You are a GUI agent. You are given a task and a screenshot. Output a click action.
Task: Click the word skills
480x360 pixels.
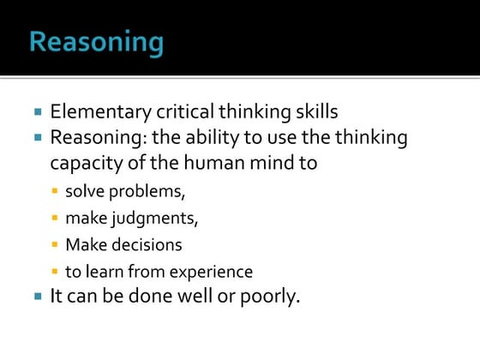(314, 112)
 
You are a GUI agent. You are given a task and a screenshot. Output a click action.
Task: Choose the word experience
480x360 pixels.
(209, 273)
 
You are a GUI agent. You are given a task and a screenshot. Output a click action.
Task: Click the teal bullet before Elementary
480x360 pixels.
(38, 112)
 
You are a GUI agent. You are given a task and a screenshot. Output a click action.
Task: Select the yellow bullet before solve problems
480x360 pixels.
(56, 190)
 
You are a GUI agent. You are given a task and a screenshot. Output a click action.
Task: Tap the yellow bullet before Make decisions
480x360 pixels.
(56, 245)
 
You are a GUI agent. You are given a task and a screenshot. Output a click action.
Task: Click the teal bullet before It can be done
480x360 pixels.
(38, 297)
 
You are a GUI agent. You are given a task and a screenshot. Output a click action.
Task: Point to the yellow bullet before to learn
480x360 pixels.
(56, 273)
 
